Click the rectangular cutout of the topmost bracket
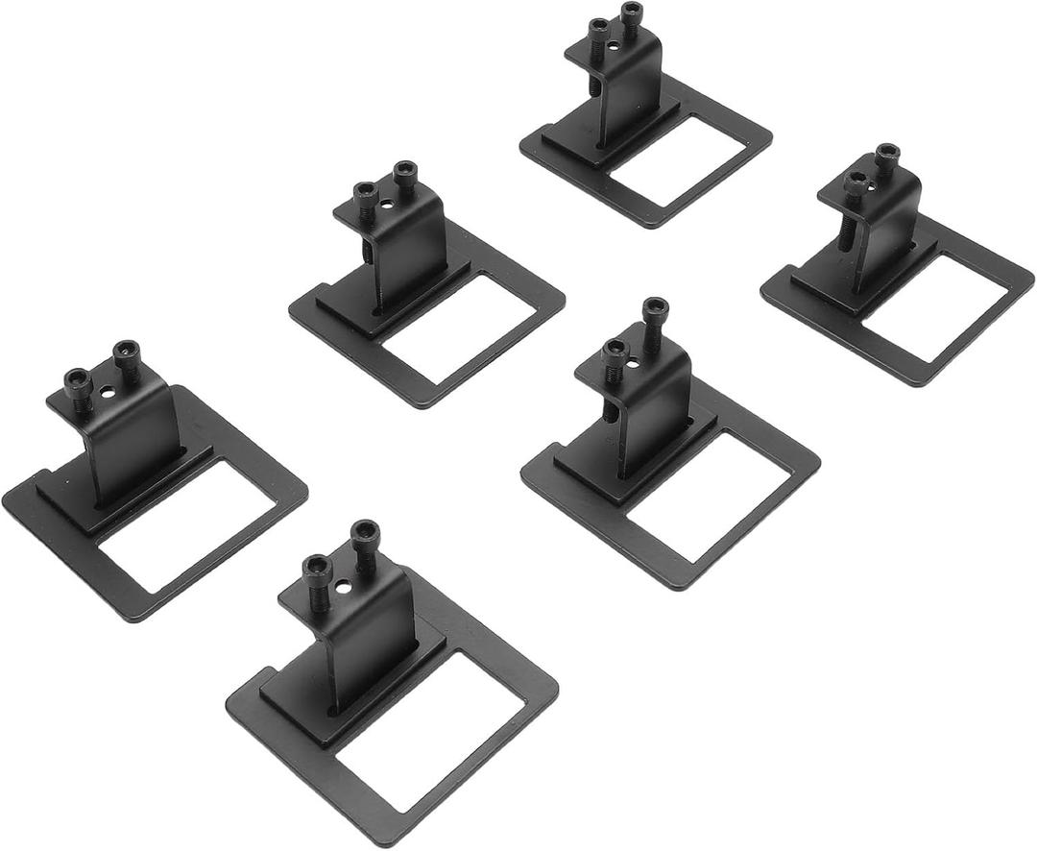click(x=678, y=159)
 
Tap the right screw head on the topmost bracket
click(x=631, y=12)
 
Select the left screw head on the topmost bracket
click(x=598, y=27)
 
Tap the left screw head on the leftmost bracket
click(x=77, y=380)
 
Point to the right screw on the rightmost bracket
click(x=887, y=154)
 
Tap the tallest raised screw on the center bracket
click(x=655, y=309)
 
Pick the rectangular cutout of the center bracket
click(x=707, y=495)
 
